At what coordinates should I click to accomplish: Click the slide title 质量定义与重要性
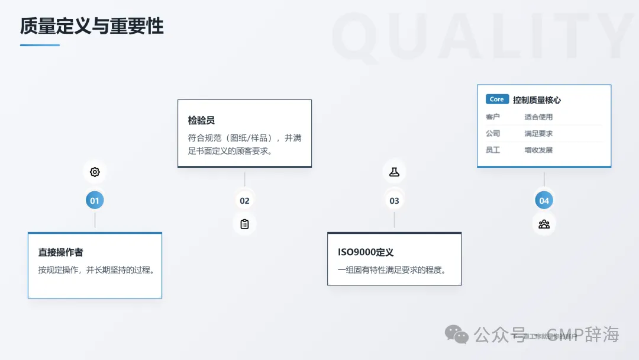point(92,27)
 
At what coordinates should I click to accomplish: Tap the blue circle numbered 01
point(95,201)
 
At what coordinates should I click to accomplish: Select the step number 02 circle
point(244,201)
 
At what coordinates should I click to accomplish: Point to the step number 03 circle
point(394,201)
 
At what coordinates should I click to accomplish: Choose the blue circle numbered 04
point(544,201)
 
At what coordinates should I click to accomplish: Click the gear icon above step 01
point(95,172)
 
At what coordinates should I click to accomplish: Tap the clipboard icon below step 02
point(244,224)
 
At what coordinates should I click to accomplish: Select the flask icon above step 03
point(394,172)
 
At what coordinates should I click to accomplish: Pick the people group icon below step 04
point(544,224)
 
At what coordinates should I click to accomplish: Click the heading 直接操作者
point(61,252)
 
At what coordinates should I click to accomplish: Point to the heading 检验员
point(201,120)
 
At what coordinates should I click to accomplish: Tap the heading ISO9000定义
point(366,252)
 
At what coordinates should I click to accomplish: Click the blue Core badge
point(497,99)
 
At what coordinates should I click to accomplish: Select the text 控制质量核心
point(537,100)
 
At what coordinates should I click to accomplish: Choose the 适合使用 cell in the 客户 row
point(538,117)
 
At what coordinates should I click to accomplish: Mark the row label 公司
point(493,134)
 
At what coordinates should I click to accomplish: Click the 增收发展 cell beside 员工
point(538,150)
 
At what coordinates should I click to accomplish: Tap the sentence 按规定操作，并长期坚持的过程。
point(96,270)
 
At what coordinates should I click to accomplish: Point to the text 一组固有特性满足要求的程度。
point(392,270)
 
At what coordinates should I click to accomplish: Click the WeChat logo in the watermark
point(457,335)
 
